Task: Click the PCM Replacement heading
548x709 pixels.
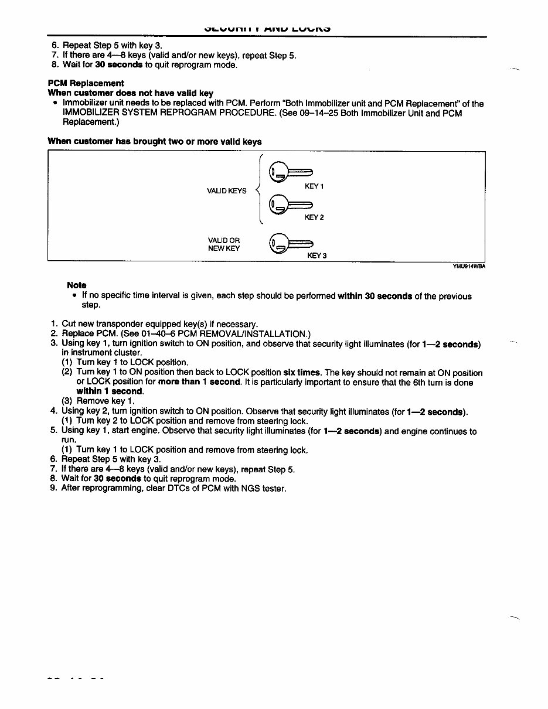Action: [x=86, y=83]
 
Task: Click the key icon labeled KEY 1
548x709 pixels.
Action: [x=290, y=172]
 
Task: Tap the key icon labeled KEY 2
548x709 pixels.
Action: [x=290, y=205]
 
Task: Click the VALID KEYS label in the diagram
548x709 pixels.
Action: [x=227, y=191]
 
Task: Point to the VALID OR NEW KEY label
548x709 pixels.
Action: [x=224, y=244]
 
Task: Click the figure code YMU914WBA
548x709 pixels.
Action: [x=469, y=265]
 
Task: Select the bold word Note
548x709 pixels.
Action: [x=77, y=285]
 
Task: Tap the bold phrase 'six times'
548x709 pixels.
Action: [x=302, y=373]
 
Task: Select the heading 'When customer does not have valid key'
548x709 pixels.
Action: [x=130, y=93]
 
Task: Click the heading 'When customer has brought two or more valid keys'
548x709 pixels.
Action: [x=154, y=142]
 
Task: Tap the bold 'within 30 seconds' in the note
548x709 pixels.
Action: [x=375, y=296]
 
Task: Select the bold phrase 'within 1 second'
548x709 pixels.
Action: [x=110, y=391]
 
